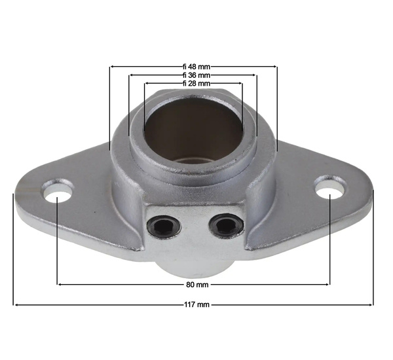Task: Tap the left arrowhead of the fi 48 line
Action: click(x=112, y=67)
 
